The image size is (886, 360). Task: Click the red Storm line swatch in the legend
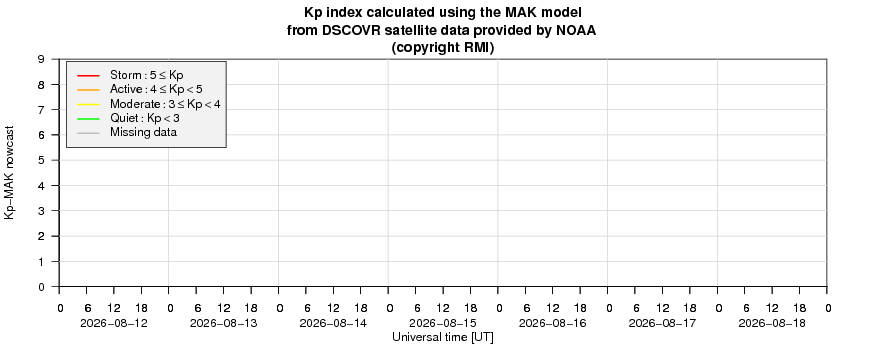click(87, 75)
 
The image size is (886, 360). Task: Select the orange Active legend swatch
click(87, 89)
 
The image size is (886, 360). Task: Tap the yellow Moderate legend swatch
click(87, 104)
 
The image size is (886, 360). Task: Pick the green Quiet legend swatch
click(87, 119)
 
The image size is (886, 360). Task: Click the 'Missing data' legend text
click(144, 133)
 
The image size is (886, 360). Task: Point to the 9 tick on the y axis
click(42, 59)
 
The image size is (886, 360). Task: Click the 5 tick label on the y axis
click(42, 160)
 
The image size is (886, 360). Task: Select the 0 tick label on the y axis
click(42, 287)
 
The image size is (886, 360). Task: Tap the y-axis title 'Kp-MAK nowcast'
click(9, 172)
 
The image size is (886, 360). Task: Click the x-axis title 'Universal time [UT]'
click(443, 337)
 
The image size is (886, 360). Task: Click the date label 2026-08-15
click(443, 324)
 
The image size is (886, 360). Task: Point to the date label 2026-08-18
click(772, 324)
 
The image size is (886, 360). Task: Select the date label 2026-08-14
click(333, 324)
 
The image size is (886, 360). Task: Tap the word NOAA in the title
click(577, 31)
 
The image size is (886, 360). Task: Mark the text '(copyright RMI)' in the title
click(443, 49)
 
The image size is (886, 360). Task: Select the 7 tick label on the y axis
click(42, 109)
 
